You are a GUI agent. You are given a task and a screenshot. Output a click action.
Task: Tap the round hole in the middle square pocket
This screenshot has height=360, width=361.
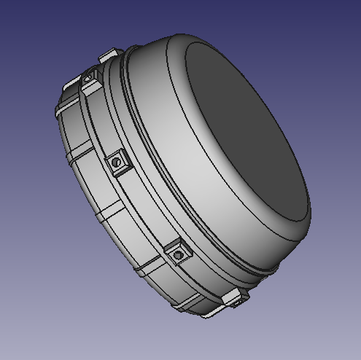(114, 163)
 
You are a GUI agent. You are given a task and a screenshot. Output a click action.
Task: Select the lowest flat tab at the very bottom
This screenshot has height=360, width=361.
(211, 310)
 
